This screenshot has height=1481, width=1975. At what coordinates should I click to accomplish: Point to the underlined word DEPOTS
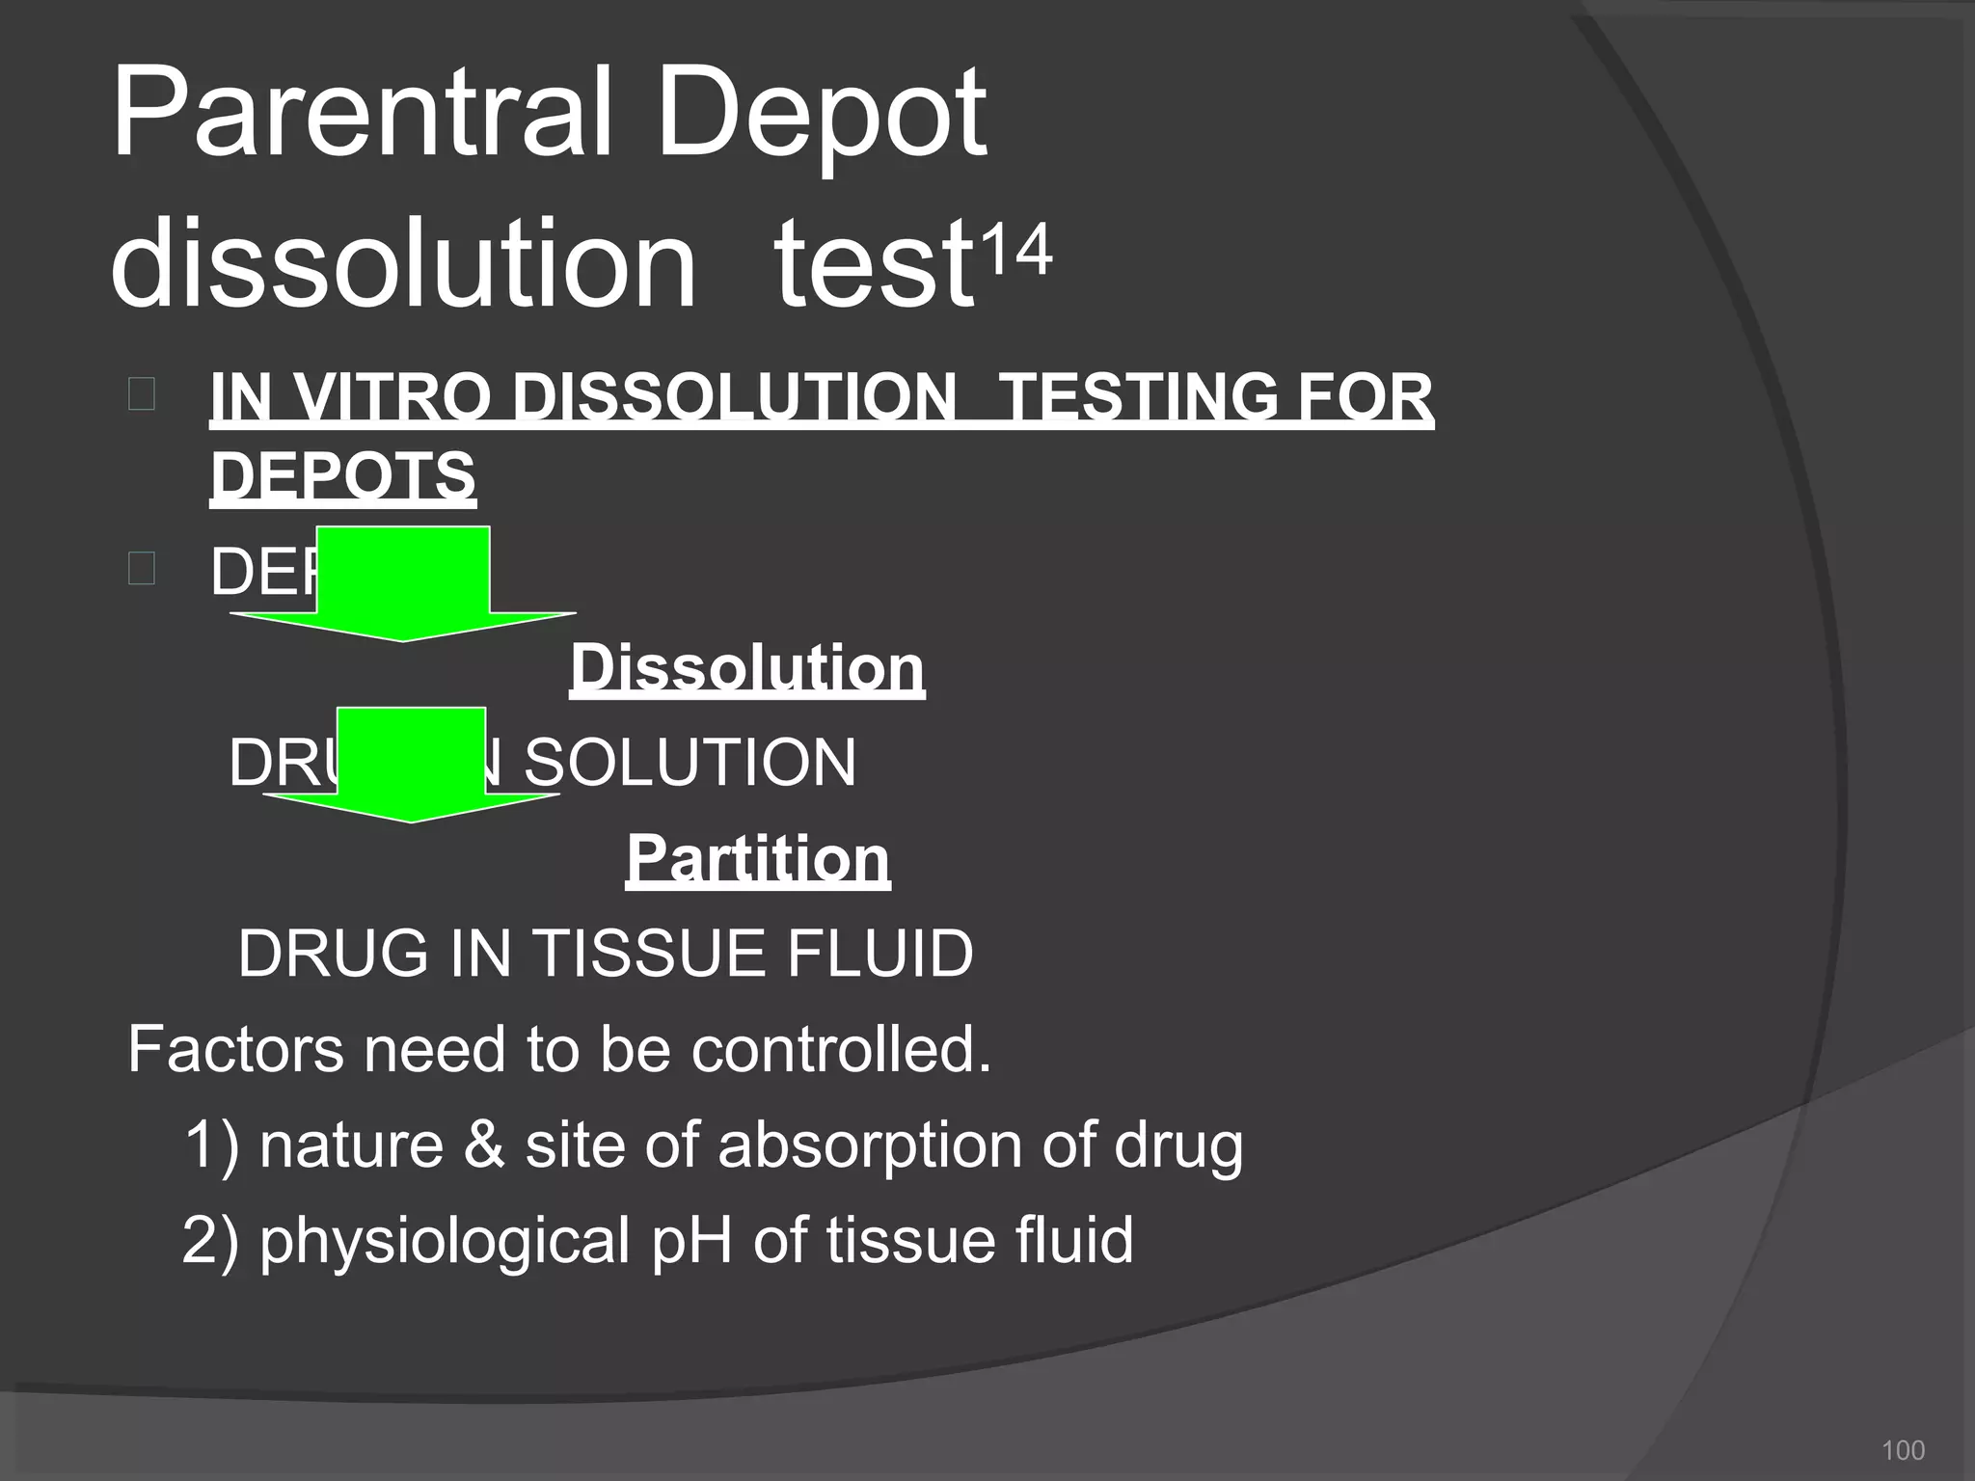(x=342, y=475)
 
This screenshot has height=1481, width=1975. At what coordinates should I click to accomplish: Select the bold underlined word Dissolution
(x=746, y=667)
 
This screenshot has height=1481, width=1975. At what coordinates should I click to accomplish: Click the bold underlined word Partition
(x=757, y=858)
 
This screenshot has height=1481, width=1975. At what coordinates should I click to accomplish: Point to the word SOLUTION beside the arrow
(x=690, y=762)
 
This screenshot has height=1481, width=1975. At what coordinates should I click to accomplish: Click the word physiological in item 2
(x=445, y=1240)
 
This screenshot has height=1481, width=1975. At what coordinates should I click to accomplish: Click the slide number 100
(x=1903, y=1450)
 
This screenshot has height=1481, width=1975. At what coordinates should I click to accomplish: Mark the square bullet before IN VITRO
(x=141, y=394)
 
